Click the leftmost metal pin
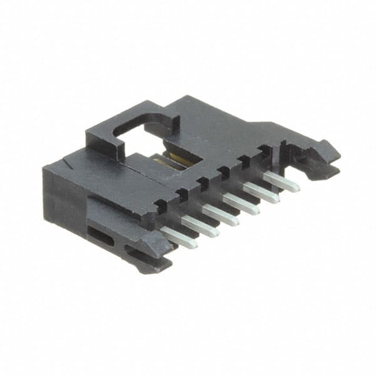click(178, 238)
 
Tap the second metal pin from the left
click(200, 226)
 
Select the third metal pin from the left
click(220, 215)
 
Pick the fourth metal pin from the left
click(241, 203)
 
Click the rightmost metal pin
click(281, 181)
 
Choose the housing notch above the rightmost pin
click(265, 150)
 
